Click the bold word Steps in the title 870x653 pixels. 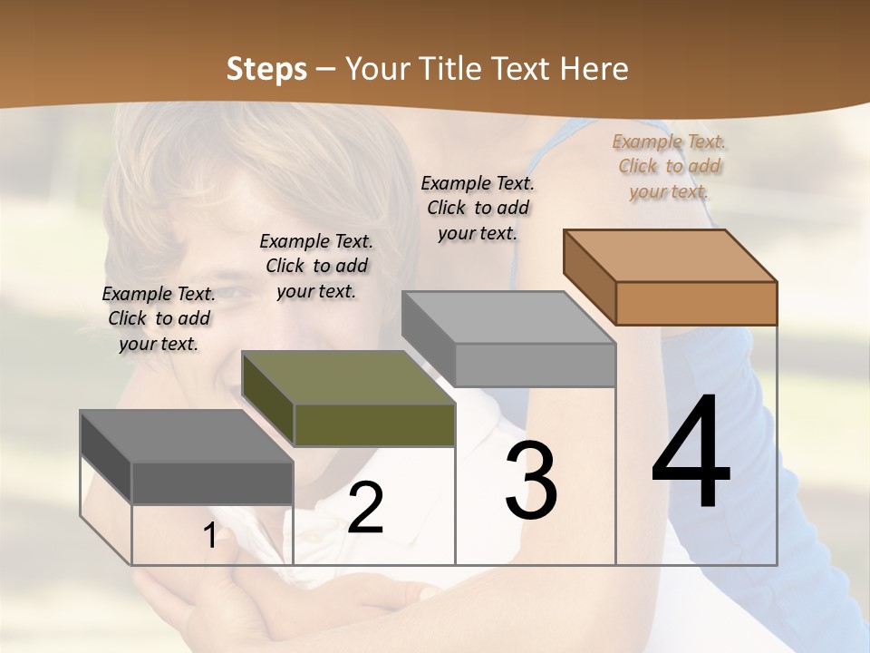pos(266,69)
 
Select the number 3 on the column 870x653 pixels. pos(531,481)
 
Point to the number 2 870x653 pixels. pos(365,508)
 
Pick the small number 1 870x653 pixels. pos(209,536)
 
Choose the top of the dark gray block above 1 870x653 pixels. pos(187,436)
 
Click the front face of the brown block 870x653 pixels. pos(696,303)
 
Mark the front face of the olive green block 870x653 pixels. pos(374,424)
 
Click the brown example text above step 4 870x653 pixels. pos(670,166)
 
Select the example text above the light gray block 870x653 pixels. pos(478,208)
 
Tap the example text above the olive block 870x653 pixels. pos(316,266)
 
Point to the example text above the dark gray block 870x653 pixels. pos(159,318)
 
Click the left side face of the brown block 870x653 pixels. pos(589,277)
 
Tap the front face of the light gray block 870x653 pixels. pos(535,365)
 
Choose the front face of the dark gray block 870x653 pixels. pos(212,483)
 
